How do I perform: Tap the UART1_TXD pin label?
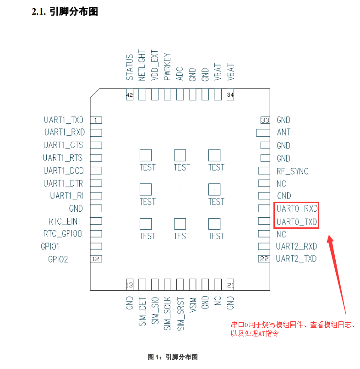coord(64,120)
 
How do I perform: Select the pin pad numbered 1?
coord(96,120)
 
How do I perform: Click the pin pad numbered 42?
coord(129,95)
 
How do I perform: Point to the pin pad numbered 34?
coord(230,95)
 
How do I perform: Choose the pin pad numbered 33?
coord(264,120)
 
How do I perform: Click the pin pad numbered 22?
coord(264,259)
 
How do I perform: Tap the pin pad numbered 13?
coord(129,285)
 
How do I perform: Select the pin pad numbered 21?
coord(230,285)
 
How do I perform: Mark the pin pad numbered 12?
coord(96,259)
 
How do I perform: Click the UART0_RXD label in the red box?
coord(297,209)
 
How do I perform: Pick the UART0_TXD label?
coord(297,222)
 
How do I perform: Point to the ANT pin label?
coord(284,132)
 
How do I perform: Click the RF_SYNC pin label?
coord(292,171)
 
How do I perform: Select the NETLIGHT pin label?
coord(142,65)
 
